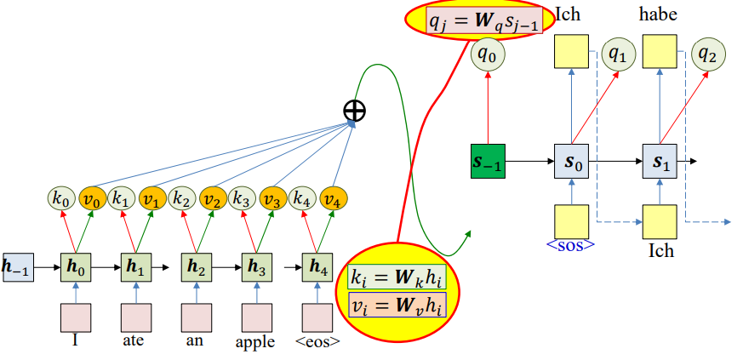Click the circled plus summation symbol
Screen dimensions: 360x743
tap(355, 111)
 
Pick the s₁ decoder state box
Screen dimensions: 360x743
tap(660, 160)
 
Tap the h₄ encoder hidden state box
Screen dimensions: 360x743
tap(319, 266)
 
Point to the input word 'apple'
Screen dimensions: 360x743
tap(256, 342)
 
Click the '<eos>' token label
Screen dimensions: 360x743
tap(320, 342)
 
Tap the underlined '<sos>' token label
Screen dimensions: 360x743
tap(570, 245)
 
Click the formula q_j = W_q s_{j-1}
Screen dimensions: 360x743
tap(483, 20)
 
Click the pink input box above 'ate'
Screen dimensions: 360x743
tap(135, 317)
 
